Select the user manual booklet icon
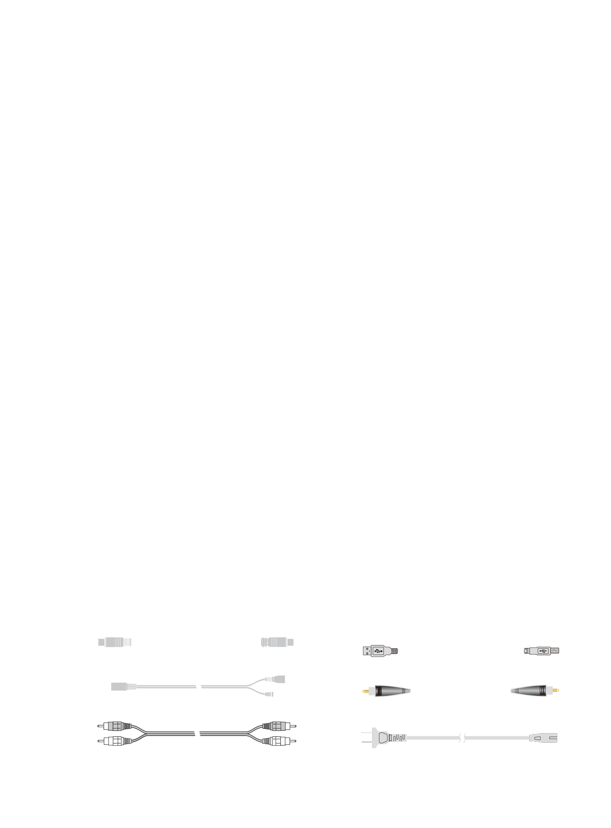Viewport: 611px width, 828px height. pos(305,534)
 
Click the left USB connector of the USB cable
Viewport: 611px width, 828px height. pos(373,651)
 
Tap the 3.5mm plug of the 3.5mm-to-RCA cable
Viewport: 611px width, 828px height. pos(118,687)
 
